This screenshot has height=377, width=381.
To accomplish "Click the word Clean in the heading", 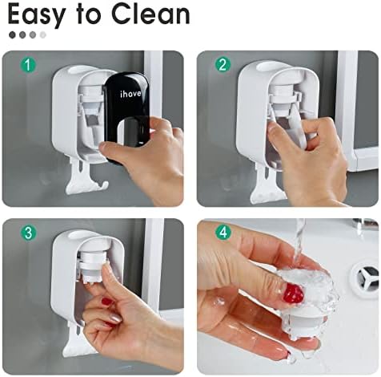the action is [x=150, y=14].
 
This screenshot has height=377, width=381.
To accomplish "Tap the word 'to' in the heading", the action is [x=89, y=14].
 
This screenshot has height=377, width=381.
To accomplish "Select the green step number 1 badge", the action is [x=28, y=65].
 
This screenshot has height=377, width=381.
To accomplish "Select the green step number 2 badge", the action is [x=223, y=64].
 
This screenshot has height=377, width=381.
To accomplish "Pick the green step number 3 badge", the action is [x=28, y=233].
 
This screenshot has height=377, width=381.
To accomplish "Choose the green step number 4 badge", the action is [x=223, y=232].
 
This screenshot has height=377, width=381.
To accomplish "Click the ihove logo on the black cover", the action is [x=130, y=94].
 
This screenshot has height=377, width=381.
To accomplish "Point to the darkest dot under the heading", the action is [x=12, y=34].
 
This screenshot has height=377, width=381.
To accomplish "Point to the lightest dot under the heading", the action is [x=43, y=34].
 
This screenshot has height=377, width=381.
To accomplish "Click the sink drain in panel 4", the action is [x=365, y=277].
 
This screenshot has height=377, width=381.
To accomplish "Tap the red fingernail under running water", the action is [x=294, y=294].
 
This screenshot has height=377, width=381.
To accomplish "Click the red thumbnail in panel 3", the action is [x=107, y=302].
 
